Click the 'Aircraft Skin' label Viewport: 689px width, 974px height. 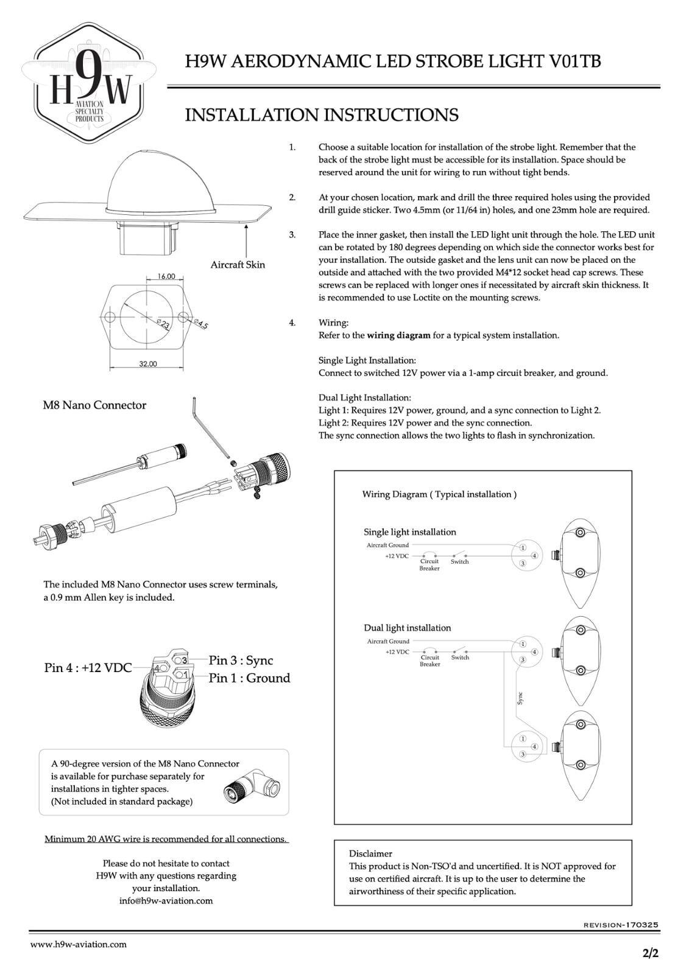coord(238,265)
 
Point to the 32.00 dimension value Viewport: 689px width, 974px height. coord(148,364)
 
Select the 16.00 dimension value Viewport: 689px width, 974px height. coord(166,276)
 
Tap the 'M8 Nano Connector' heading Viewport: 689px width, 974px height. coord(94,405)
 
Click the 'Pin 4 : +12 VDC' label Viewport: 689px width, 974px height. coord(88,668)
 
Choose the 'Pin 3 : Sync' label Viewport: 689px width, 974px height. coord(241,660)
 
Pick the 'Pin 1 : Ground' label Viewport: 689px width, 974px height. coord(249,678)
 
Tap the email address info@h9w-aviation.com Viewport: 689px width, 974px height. coord(166,901)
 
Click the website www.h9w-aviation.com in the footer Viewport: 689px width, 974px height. coord(79,944)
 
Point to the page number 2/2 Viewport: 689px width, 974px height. coord(651,953)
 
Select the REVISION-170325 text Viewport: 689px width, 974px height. coord(621,925)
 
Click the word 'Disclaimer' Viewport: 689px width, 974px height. coord(370,853)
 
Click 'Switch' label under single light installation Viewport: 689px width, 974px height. coord(459,562)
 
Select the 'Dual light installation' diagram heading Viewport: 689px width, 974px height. coord(407,628)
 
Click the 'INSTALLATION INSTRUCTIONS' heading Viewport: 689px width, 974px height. coord(322,115)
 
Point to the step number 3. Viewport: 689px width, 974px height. coord(292,234)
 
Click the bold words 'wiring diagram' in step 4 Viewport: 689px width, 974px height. coord(399,335)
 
